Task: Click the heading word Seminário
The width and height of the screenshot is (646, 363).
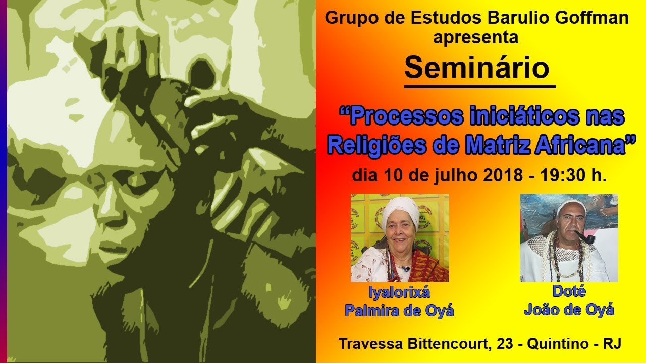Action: [x=476, y=68]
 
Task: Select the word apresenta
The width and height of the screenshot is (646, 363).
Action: [x=475, y=37]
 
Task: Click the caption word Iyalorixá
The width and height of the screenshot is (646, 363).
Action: [x=399, y=292]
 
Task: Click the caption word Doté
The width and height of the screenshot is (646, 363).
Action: [x=569, y=292]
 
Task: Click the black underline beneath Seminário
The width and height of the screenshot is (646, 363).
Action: [x=479, y=87]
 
